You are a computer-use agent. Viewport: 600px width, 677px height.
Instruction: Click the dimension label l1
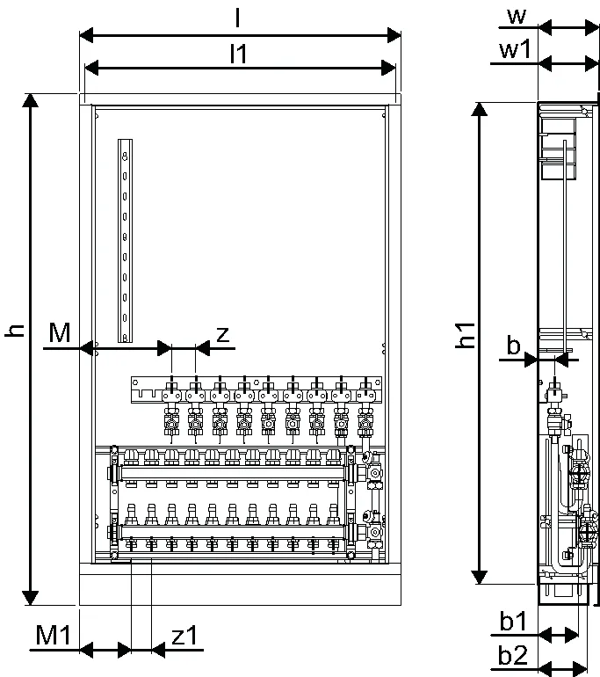click(x=239, y=54)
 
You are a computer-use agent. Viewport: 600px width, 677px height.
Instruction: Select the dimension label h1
click(x=466, y=335)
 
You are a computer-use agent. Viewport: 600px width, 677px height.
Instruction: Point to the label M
click(x=60, y=332)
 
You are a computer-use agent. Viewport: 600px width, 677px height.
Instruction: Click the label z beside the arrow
click(x=222, y=335)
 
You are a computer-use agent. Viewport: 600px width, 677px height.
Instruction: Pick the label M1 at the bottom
click(x=53, y=635)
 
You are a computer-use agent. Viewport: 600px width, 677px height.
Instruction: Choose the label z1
click(x=184, y=636)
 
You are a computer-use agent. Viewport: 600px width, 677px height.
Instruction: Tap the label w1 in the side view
click(x=515, y=49)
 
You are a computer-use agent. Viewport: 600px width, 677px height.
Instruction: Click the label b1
click(x=513, y=621)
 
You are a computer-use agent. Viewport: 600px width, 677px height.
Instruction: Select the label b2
click(x=513, y=655)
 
